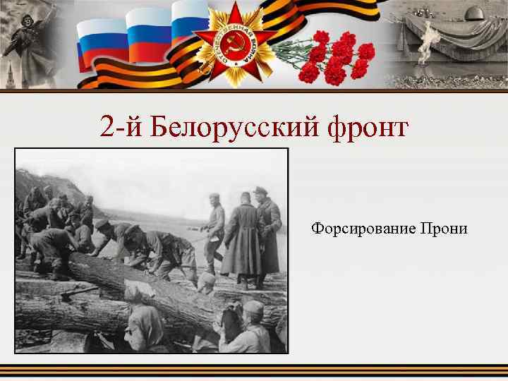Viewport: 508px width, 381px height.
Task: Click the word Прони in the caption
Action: click(x=444, y=229)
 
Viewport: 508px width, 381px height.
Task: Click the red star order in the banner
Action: click(x=235, y=46)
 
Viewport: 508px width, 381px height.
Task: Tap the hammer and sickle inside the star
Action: click(x=235, y=47)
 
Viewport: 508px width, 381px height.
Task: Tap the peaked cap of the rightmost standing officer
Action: click(x=261, y=190)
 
